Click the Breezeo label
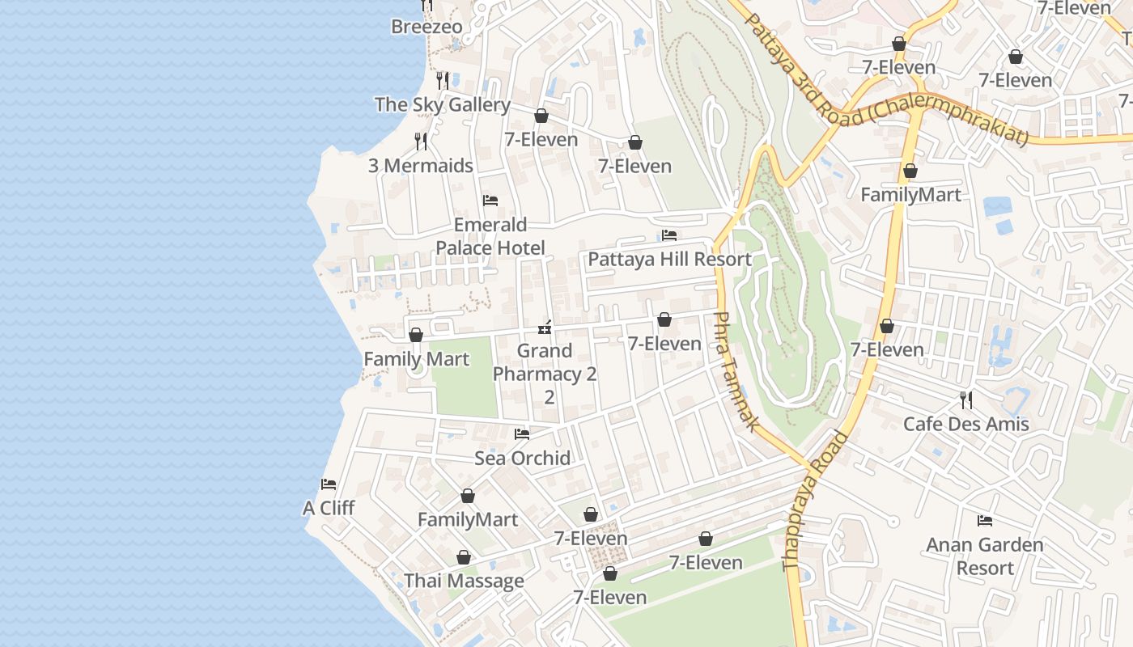[x=426, y=27]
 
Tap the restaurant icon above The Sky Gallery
[x=443, y=80]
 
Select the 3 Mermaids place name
[x=420, y=166]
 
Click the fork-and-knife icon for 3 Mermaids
[x=421, y=142]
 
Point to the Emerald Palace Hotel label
[x=490, y=236]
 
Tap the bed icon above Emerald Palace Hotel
[x=490, y=201]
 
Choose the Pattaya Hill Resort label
[x=669, y=260]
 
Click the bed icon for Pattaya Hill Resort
[x=669, y=235]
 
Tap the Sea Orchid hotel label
[x=522, y=459]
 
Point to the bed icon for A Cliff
[x=329, y=484]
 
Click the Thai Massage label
[x=464, y=581]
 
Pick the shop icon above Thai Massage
[x=464, y=557]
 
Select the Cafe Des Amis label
[x=965, y=424]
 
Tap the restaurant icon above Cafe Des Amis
[x=965, y=400]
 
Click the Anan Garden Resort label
[x=985, y=556]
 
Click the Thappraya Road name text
[x=815, y=501]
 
